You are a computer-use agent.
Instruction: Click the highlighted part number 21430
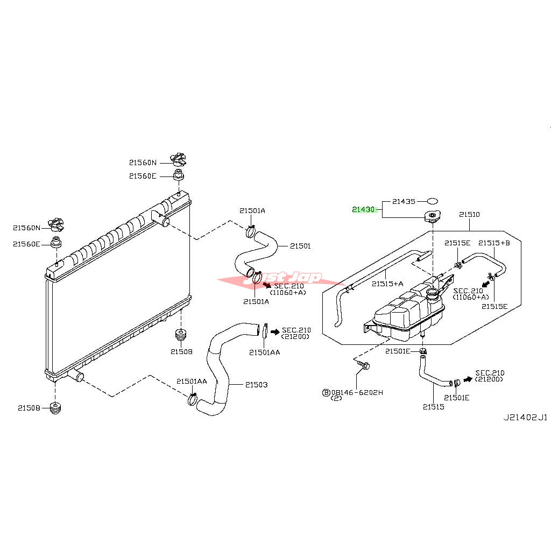click(363, 209)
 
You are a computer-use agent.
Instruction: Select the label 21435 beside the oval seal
click(404, 202)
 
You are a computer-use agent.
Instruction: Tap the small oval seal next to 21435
click(432, 201)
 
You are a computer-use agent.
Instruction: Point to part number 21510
click(469, 215)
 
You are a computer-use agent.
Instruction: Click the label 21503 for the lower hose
click(256, 385)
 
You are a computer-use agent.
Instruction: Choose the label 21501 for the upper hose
click(300, 246)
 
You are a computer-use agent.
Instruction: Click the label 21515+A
click(387, 284)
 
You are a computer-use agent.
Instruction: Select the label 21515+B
click(494, 243)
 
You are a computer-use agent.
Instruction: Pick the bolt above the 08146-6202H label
click(364, 366)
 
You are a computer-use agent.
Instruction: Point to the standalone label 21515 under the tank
click(433, 407)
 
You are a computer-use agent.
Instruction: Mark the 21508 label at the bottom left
click(29, 408)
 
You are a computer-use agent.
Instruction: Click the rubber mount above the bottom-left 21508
click(55, 408)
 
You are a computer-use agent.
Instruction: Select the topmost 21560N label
click(143, 162)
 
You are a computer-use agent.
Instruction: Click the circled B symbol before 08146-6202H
click(326, 393)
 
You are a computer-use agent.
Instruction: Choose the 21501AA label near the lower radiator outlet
click(192, 382)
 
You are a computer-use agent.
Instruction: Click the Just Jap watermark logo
click(281, 279)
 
